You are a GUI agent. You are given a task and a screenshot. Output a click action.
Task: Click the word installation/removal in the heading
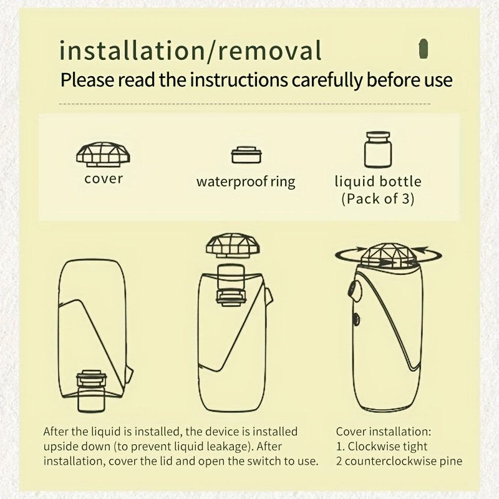190,51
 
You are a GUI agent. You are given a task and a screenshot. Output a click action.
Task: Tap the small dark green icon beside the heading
423,49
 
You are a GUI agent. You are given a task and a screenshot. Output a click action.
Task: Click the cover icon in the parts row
103,154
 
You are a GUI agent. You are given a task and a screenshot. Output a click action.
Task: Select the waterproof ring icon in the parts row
246,155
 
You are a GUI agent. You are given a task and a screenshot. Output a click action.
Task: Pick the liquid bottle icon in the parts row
378,150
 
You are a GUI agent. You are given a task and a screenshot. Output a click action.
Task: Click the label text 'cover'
104,179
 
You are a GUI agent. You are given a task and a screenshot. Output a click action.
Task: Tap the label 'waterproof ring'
246,182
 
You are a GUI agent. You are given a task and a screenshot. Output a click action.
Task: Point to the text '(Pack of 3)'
378,199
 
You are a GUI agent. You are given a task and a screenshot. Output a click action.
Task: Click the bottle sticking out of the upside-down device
91,390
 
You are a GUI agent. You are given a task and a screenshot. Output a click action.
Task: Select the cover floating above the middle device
233,246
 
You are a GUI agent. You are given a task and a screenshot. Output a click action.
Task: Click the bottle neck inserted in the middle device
231,286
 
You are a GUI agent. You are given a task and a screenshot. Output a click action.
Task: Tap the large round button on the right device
355,291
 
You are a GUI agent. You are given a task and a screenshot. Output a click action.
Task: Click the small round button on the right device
356,319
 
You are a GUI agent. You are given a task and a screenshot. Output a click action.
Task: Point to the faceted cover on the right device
389,255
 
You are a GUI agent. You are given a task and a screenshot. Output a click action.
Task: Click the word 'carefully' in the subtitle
327,80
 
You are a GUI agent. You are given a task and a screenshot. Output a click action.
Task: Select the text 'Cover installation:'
384,432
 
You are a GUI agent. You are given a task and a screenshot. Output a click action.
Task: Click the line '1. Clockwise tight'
382,447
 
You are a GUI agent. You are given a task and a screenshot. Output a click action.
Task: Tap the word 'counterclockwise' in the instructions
389,461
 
